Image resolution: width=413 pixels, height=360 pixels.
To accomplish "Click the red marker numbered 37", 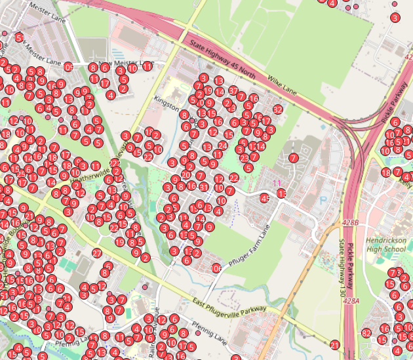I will (x=233, y=90).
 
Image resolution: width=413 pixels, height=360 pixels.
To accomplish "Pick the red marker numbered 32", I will (x=277, y=109).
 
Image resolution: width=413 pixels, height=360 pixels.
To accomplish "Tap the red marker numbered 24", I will (x=222, y=145).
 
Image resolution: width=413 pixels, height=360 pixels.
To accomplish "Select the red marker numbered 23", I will (x=244, y=158).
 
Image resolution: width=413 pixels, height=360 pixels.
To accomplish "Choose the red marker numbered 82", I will (x=366, y=333).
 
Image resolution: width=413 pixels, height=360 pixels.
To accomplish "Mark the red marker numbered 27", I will (x=97, y=253).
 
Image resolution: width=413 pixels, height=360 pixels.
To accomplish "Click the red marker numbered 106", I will (x=216, y=268).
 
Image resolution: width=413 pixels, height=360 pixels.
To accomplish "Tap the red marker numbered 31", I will (x=205, y=188).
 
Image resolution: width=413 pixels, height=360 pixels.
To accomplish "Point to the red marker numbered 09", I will (x=69, y=67).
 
